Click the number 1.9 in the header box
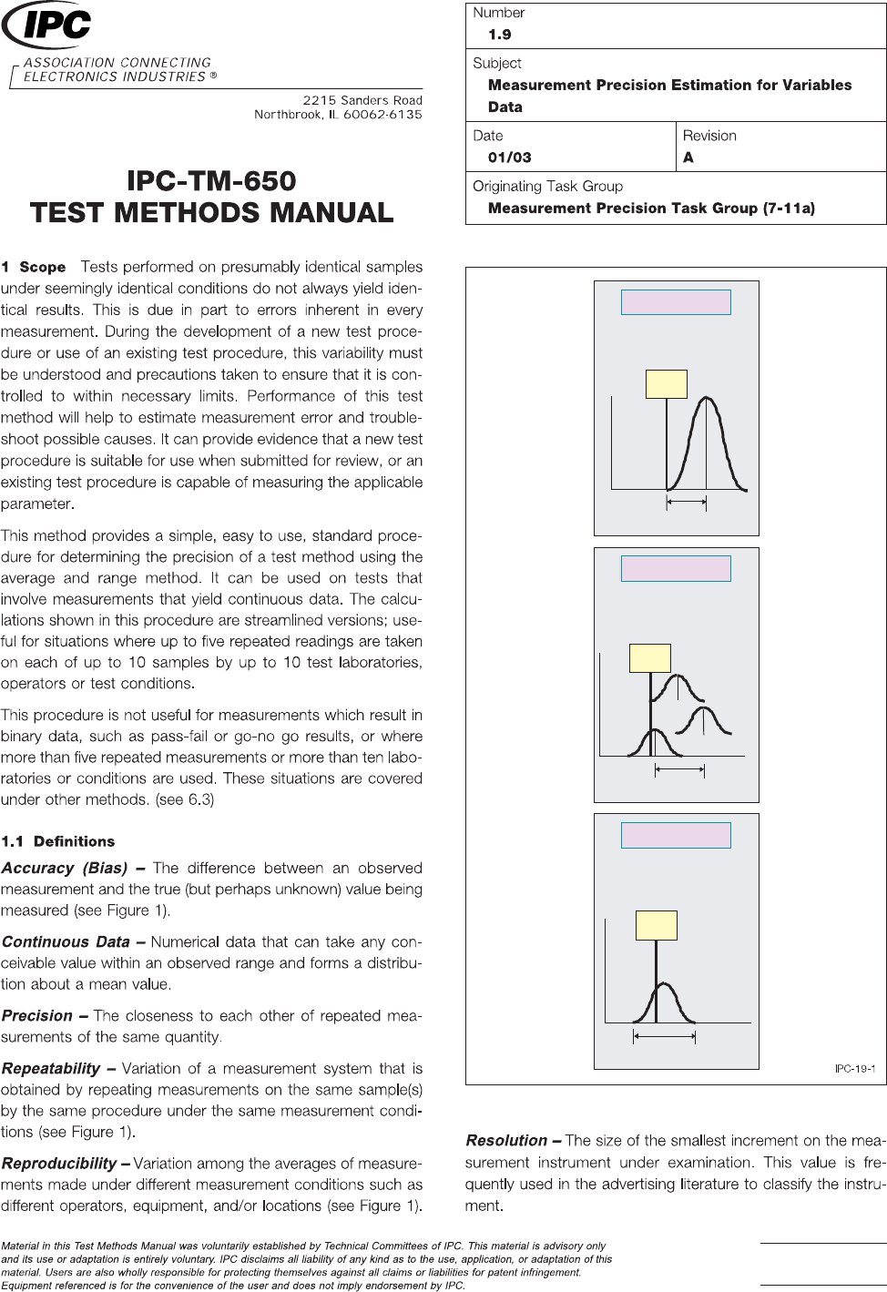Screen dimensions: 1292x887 click(499, 35)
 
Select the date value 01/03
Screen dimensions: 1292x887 click(509, 158)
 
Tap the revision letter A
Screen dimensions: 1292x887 click(688, 158)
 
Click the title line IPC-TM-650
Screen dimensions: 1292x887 click(211, 181)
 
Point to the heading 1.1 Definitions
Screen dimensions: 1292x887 click(58, 841)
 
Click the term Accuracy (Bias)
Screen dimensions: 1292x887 click(65, 869)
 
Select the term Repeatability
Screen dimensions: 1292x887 click(51, 1068)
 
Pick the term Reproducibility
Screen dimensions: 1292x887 click(59, 1163)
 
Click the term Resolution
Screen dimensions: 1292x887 click(506, 1140)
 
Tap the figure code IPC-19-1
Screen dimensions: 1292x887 click(854, 1068)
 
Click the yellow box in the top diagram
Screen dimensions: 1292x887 click(666, 384)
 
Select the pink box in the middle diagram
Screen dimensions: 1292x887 click(676, 568)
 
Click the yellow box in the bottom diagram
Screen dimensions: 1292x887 click(656, 925)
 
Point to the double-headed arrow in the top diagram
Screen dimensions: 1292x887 click(687, 501)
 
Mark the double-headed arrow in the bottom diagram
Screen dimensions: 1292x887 click(664, 1036)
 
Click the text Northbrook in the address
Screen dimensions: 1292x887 click(288, 115)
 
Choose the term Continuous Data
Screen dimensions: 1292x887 click(66, 942)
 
